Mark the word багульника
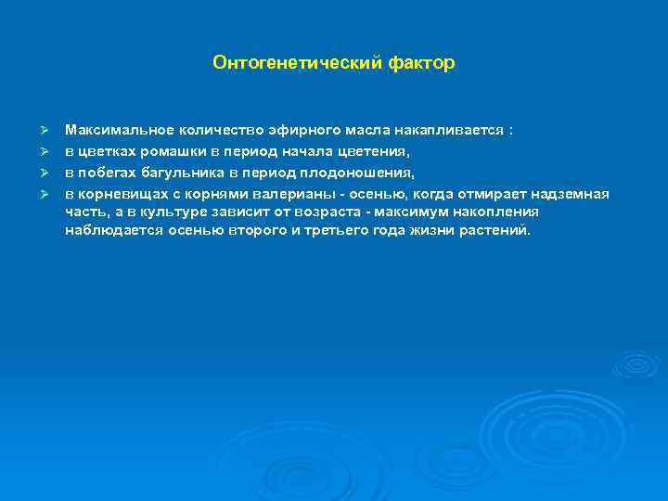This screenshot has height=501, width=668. [185, 172]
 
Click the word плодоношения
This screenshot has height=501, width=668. [362, 172]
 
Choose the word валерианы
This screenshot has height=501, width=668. [270, 193]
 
